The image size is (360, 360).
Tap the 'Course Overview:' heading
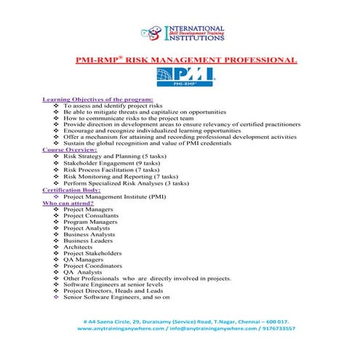click(x=74, y=150)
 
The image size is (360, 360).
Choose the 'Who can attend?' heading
click(x=71, y=202)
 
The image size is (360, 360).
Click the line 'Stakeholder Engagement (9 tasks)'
click(x=112, y=163)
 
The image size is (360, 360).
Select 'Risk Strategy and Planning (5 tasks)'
click(x=116, y=156)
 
